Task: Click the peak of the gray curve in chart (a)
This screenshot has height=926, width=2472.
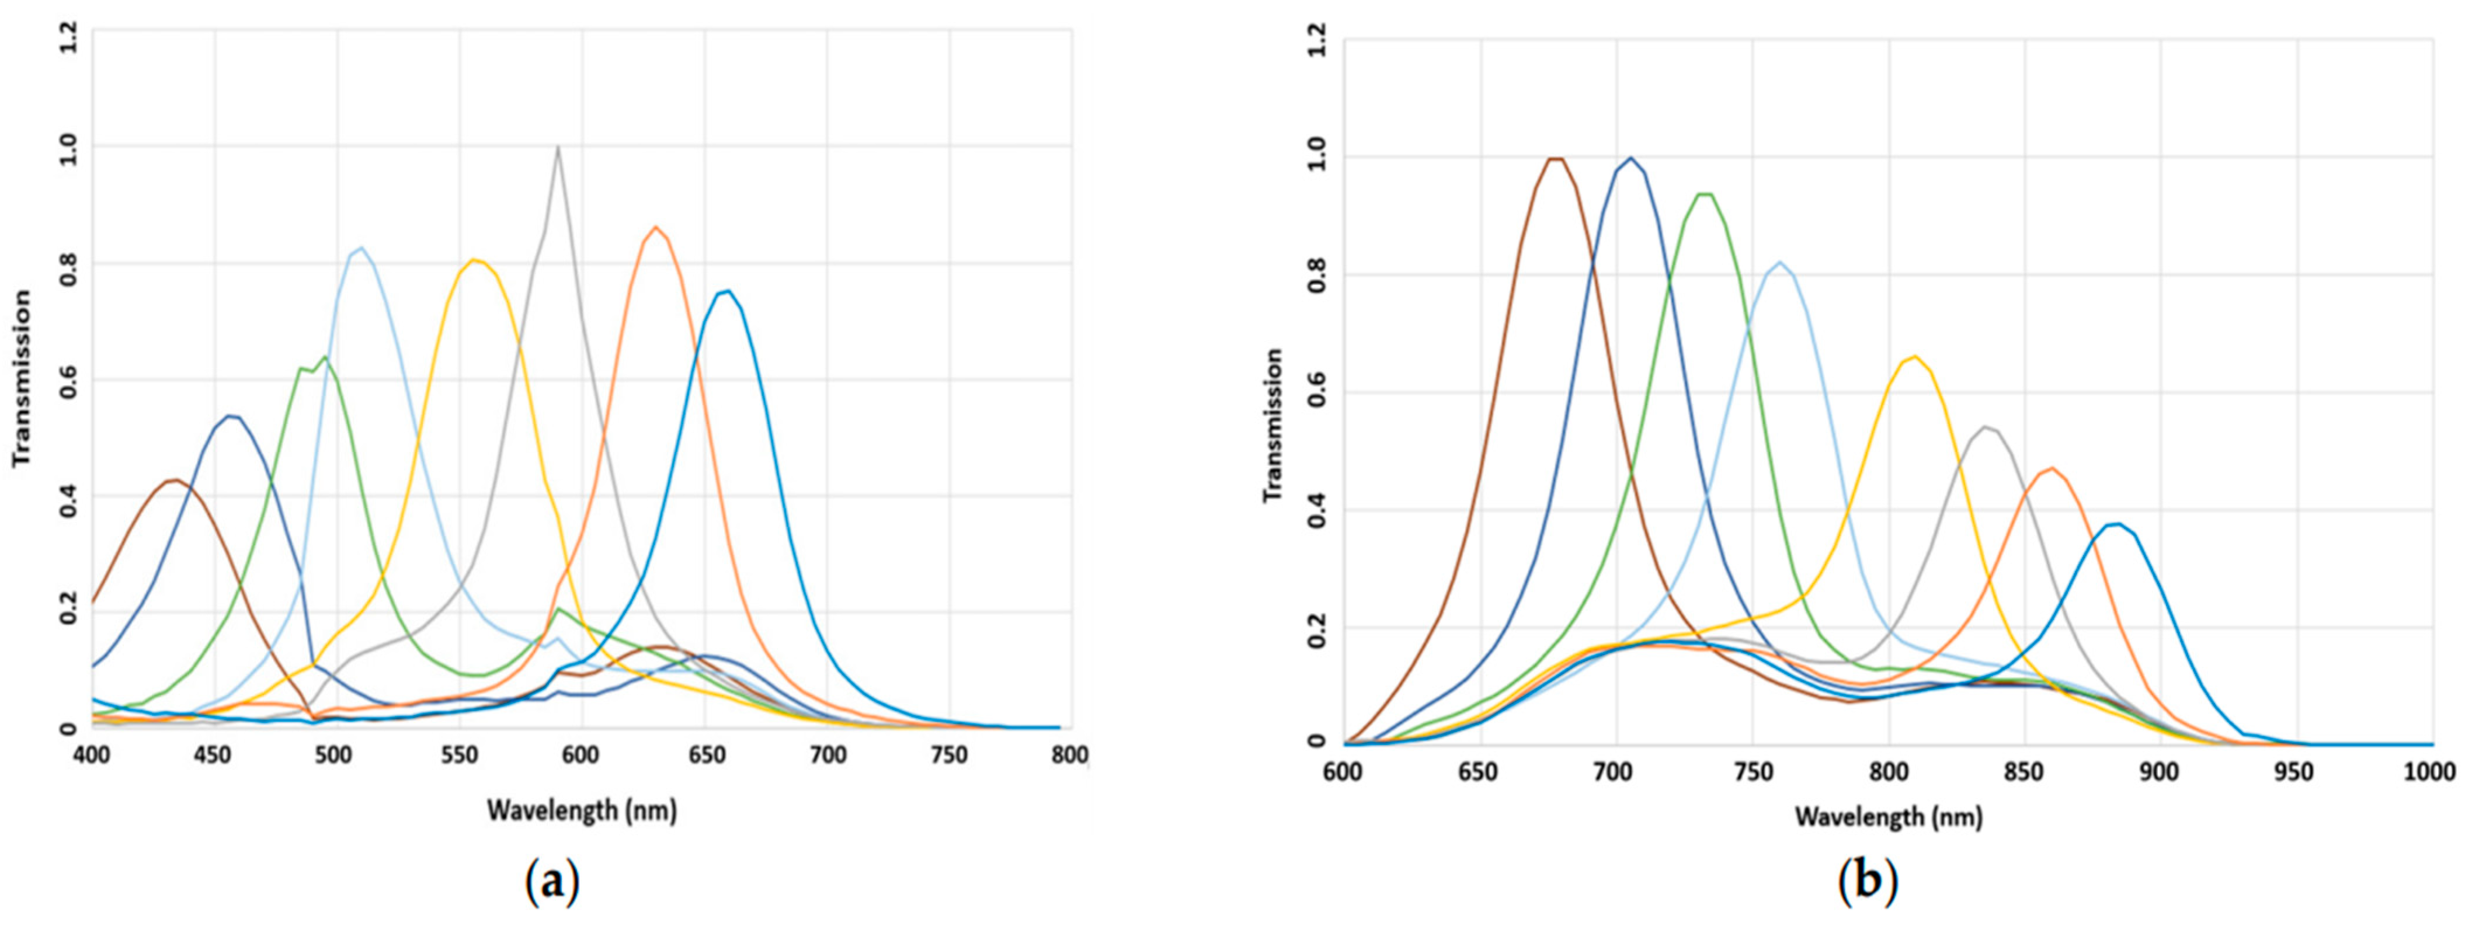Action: pyautogui.click(x=558, y=147)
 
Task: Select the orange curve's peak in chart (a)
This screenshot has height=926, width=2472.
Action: pyautogui.click(x=655, y=228)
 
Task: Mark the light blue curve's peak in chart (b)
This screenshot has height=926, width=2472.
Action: pyautogui.click(x=1780, y=262)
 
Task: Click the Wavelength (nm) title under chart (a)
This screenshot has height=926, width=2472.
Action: pyautogui.click(x=582, y=811)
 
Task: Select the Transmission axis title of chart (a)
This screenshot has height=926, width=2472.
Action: pyautogui.click(x=21, y=379)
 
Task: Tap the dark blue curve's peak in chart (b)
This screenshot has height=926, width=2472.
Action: pyautogui.click(x=1629, y=158)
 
